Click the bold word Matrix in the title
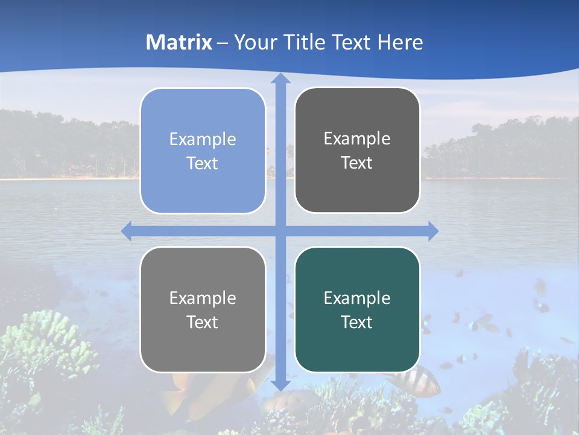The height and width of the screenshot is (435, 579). coord(179,42)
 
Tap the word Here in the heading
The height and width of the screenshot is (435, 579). coord(400,42)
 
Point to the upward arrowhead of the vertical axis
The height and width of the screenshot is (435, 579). coord(280,79)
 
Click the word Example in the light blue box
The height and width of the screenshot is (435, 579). coord(203,139)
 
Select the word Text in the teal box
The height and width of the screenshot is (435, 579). coord(357,322)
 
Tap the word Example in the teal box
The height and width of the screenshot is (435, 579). coord(357,298)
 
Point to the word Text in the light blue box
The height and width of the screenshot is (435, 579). coord(203,163)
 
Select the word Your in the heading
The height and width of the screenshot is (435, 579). coord(254,42)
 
